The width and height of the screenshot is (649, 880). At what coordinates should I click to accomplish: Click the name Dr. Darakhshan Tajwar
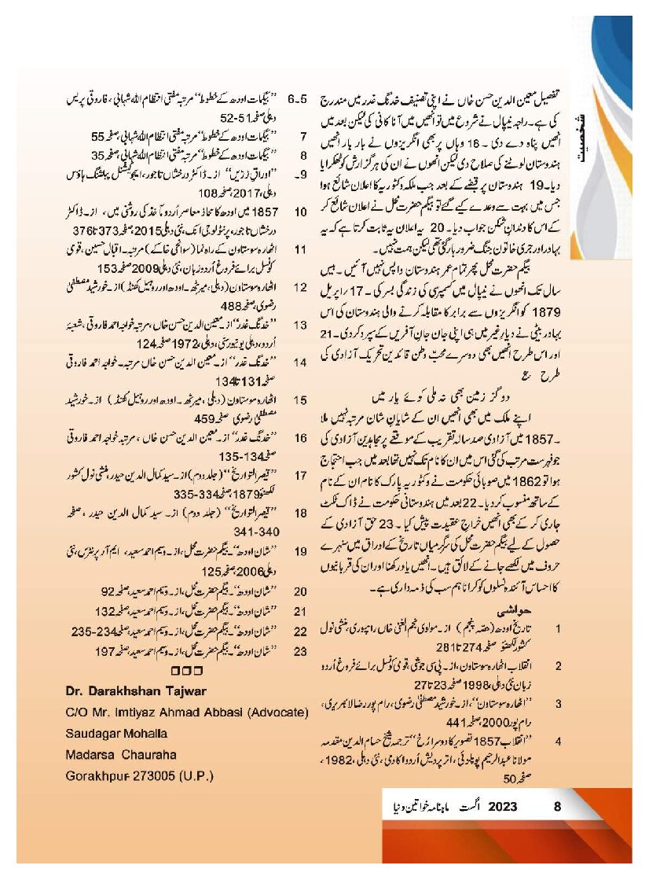tap(135, 690)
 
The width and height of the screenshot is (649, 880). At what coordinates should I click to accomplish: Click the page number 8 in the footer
tap(557, 806)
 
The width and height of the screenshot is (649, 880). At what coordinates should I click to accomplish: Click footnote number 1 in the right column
tap(558, 629)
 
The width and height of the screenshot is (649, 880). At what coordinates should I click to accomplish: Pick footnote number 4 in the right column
tap(558, 741)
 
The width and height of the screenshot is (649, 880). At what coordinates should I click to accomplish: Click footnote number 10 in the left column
tap(300, 212)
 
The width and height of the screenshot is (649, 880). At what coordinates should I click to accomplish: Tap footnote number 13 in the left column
tap(300, 324)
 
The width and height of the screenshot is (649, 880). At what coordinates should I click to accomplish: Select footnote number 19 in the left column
tap(300, 550)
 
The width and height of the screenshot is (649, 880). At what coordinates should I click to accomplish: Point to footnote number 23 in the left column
tap(300, 651)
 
